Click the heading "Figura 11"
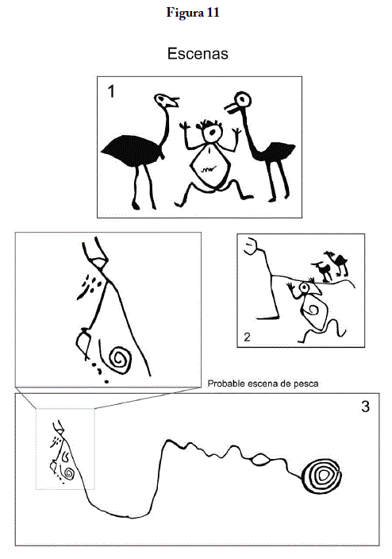point(193,13)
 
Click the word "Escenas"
point(198,53)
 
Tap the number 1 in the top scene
point(111,91)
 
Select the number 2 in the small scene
point(247,337)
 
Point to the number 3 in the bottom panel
point(365,407)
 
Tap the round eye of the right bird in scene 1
point(243,99)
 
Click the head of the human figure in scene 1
point(212,133)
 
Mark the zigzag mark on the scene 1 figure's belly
point(208,168)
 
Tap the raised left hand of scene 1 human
point(184,126)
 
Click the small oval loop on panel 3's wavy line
point(260,460)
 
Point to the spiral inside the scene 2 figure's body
point(313,310)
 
